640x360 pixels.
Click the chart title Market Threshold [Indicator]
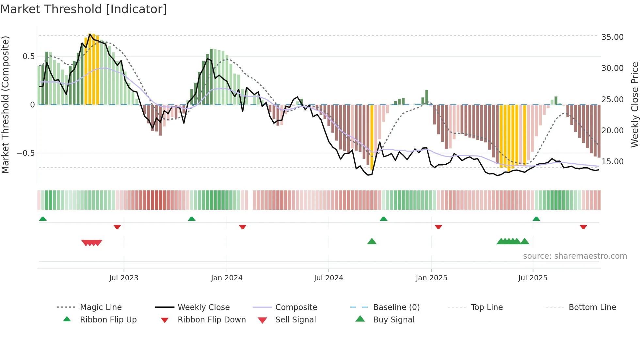click(84, 9)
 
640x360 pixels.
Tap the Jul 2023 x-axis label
click(124, 278)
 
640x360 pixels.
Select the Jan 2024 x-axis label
click(227, 278)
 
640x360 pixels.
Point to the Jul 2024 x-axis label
click(328, 278)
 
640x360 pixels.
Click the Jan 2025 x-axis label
click(431, 278)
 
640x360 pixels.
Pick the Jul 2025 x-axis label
click(533, 278)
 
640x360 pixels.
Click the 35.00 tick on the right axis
click(612, 37)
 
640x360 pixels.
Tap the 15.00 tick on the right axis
click(612, 162)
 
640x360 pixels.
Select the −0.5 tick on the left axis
click(26, 153)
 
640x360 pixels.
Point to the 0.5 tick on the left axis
click(28, 57)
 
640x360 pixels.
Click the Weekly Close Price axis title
click(634, 105)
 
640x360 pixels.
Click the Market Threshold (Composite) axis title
click(5, 105)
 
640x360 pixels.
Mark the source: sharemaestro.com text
click(575, 256)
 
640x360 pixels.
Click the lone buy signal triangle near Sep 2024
click(372, 242)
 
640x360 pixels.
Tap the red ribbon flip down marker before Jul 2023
click(117, 227)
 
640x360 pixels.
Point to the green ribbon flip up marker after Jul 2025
click(536, 219)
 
